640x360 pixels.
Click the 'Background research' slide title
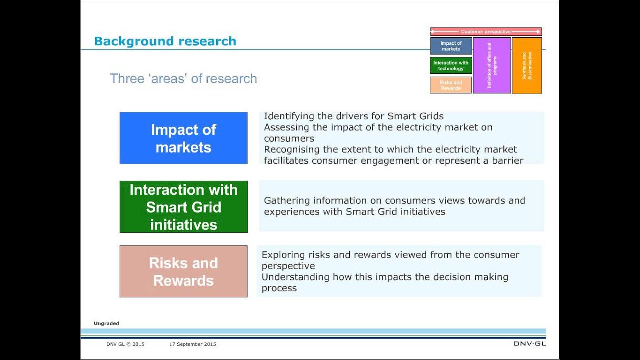pyautogui.click(x=165, y=41)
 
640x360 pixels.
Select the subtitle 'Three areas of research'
pyautogui.click(x=183, y=79)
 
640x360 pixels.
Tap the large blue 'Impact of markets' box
pyautogui.click(x=183, y=138)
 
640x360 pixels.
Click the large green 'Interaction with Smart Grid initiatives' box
pyautogui.click(x=183, y=207)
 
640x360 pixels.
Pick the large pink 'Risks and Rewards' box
pyautogui.click(x=183, y=272)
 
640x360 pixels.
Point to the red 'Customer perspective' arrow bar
pyautogui.click(x=486, y=32)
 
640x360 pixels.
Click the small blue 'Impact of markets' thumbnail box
pyautogui.click(x=451, y=46)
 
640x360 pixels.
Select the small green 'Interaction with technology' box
pyautogui.click(x=451, y=66)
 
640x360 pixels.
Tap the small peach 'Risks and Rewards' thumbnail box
pyautogui.click(x=451, y=85)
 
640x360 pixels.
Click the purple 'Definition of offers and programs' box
pyautogui.click(x=492, y=65)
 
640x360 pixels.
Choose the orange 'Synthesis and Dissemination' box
pyautogui.click(x=527, y=65)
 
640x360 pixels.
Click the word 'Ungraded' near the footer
pyautogui.click(x=106, y=324)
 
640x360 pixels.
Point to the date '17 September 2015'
pyautogui.click(x=193, y=344)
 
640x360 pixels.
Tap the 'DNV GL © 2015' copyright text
pyautogui.click(x=125, y=344)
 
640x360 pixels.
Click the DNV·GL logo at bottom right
pyautogui.click(x=529, y=344)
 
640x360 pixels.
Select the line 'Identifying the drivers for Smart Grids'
pyautogui.click(x=354, y=116)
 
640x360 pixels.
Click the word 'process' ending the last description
pyautogui.click(x=279, y=288)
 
